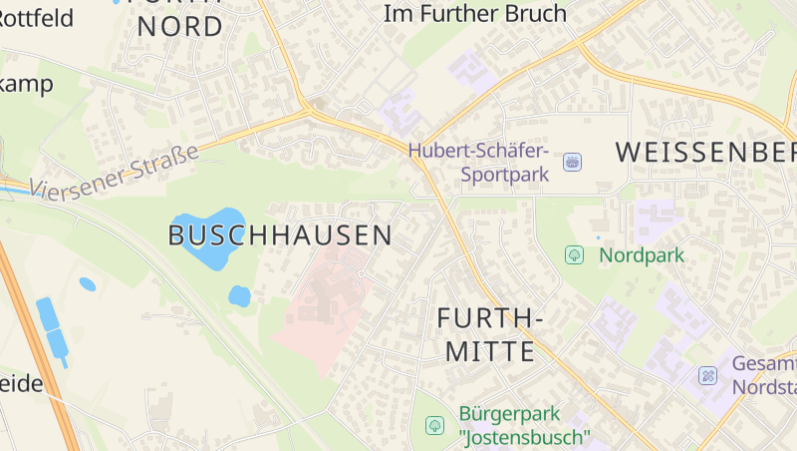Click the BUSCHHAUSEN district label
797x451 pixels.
(x=280, y=235)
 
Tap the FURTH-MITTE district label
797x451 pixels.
(x=490, y=335)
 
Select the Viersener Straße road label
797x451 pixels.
(x=114, y=169)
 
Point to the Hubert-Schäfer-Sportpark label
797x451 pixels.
(x=478, y=162)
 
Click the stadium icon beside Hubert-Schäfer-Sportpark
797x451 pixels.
(x=572, y=162)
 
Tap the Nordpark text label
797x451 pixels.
(x=641, y=255)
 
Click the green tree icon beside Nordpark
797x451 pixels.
(x=574, y=255)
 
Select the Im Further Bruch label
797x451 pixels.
(x=475, y=14)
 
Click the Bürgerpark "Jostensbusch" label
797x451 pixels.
(x=524, y=425)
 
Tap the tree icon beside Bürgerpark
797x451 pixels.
(x=434, y=425)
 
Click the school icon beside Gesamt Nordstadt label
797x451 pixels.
(x=707, y=376)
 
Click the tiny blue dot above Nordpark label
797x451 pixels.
(x=598, y=237)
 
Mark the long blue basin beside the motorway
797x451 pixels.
(x=51, y=327)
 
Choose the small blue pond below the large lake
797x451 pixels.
(x=239, y=296)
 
